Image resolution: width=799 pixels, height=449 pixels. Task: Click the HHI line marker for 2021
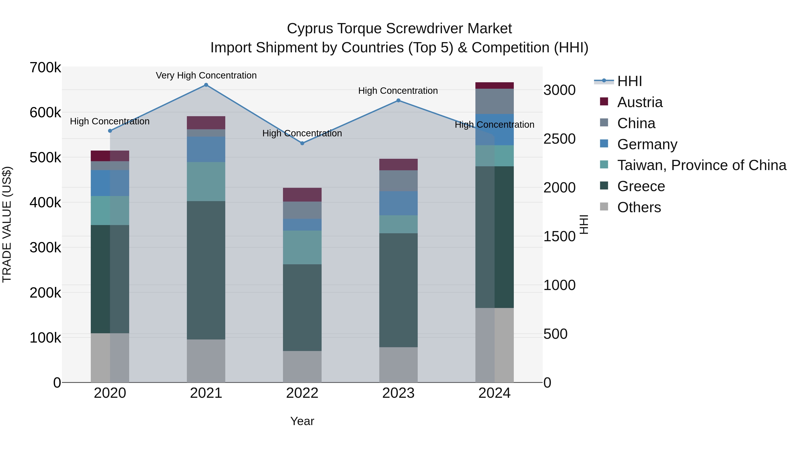206,85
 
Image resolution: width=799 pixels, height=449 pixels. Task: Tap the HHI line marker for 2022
302,143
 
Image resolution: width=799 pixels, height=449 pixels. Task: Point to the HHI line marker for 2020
110,131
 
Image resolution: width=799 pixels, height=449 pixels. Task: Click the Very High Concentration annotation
206,75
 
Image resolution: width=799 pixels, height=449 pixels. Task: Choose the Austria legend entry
640,102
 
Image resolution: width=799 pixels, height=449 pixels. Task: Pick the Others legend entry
639,207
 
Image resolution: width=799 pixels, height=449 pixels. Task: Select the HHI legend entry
629,81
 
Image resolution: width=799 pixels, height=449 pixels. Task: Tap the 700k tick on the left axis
45,68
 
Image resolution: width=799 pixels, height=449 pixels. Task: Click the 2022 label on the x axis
302,393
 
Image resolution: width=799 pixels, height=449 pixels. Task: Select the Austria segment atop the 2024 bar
494,86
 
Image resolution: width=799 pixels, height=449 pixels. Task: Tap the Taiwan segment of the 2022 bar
302,247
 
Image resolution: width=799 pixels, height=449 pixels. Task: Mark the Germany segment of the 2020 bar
110,183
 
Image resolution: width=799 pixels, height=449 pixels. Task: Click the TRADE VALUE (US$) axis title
7,224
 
